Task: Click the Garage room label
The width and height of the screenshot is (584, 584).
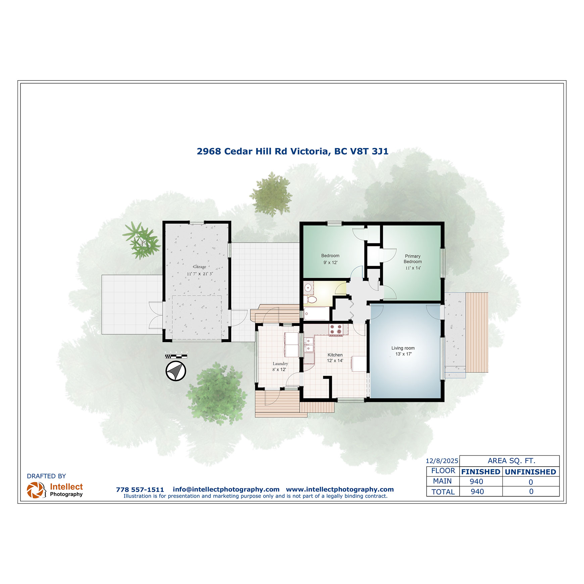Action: click(200, 267)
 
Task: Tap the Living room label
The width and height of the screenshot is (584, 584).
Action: click(403, 348)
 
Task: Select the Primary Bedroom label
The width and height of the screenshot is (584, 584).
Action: click(412, 259)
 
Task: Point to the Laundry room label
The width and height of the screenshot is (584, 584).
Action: click(280, 363)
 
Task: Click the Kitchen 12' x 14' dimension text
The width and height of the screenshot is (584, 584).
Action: click(335, 361)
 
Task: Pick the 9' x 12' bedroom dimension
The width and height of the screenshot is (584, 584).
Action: click(330, 262)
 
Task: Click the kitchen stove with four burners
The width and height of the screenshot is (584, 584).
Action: click(336, 330)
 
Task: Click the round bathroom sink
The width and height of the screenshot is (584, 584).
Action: click(308, 287)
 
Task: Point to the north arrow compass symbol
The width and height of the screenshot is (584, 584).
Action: click(176, 371)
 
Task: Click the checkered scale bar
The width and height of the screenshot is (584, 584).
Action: click(176, 356)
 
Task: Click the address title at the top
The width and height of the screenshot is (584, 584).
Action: click(292, 151)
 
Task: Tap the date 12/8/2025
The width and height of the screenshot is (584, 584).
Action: click(442, 461)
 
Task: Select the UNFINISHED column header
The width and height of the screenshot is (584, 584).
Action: click(530, 472)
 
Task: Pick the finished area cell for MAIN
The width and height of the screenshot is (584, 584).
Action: click(477, 482)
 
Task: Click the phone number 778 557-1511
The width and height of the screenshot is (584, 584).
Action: click(140, 490)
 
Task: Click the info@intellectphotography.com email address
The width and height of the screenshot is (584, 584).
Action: click(226, 489)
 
